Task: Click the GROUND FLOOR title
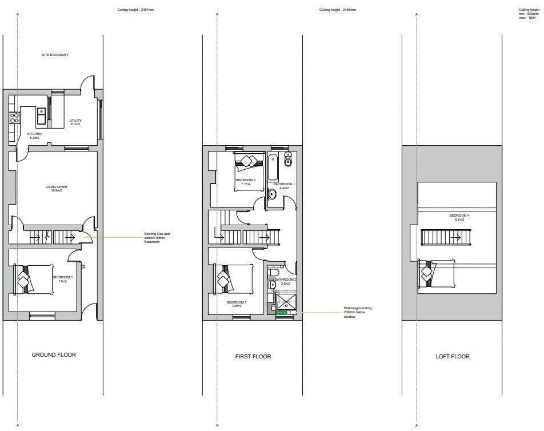click(54, 355)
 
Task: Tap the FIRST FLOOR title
click(253, 357)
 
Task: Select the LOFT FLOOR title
click(452, 357)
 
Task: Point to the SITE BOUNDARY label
click(55, 55)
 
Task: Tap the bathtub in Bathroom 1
click(273, 166)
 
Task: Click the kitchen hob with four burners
click(15, 118)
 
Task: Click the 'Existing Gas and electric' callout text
click(157, 237)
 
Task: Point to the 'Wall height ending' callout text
click(357, 312)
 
